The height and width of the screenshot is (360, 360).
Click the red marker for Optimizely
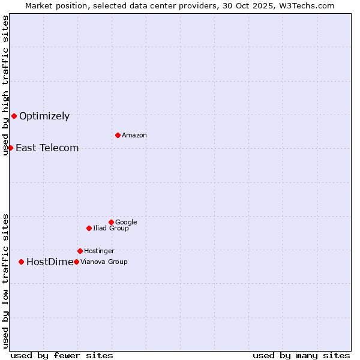(x=14, y=116)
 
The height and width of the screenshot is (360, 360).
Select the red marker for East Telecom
(x=10, y=148)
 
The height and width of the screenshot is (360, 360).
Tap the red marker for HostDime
(x=21, y=262)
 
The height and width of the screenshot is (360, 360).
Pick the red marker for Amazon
(x=118, y=135)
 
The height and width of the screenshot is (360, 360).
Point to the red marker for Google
(x=111, y=222)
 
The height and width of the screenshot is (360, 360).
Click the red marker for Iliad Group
(x=89, y=228)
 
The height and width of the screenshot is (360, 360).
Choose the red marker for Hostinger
(x=80, y=251)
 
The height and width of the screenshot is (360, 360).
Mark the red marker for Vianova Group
(x=76, y=262)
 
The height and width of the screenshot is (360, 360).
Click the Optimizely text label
(x=44, y=116)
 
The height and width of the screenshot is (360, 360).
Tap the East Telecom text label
(x=47, y=148)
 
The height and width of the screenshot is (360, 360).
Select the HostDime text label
(x=50, y=262)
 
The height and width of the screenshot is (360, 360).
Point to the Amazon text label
(x=134, y=136)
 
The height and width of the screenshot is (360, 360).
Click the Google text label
(x=126, y=223)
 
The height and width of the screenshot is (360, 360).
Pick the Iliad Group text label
(x=111, y=229)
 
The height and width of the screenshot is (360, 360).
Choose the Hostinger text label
(x=99, y=251)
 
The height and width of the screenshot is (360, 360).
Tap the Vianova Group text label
(x=104, y=262)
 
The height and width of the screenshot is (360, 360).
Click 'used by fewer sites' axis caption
(x=62, y=355)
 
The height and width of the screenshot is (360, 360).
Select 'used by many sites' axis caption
(x=301, y=355)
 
